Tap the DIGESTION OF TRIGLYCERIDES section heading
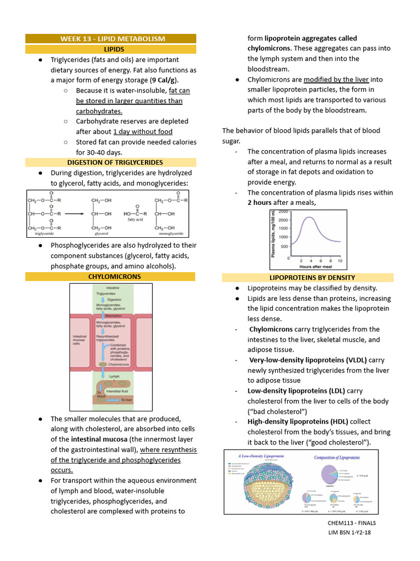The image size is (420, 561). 115,163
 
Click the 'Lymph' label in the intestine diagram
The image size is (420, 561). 114,376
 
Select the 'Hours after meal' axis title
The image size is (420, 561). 316,266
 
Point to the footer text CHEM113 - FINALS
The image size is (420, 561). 352,523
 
